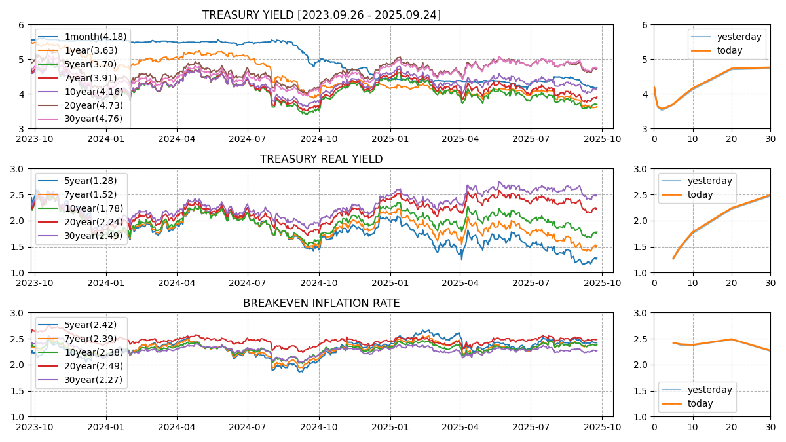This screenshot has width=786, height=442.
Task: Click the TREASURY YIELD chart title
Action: tap(321, 15)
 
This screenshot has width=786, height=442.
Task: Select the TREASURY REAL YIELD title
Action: tap(321, 159)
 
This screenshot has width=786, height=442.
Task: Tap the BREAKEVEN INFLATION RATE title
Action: tap(321, 303)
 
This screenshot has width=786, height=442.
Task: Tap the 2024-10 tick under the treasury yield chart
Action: tap(319, 139)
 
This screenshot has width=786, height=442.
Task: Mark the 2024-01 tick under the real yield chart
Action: tap(105, 283)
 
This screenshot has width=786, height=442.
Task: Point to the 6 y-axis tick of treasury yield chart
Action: tap(22, 25)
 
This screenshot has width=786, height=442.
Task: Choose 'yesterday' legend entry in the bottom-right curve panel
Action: tap(709, 390)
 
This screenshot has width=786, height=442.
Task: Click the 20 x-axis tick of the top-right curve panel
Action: tap(732, 139)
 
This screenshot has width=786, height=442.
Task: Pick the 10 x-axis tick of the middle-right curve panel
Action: tap(692, 283)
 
